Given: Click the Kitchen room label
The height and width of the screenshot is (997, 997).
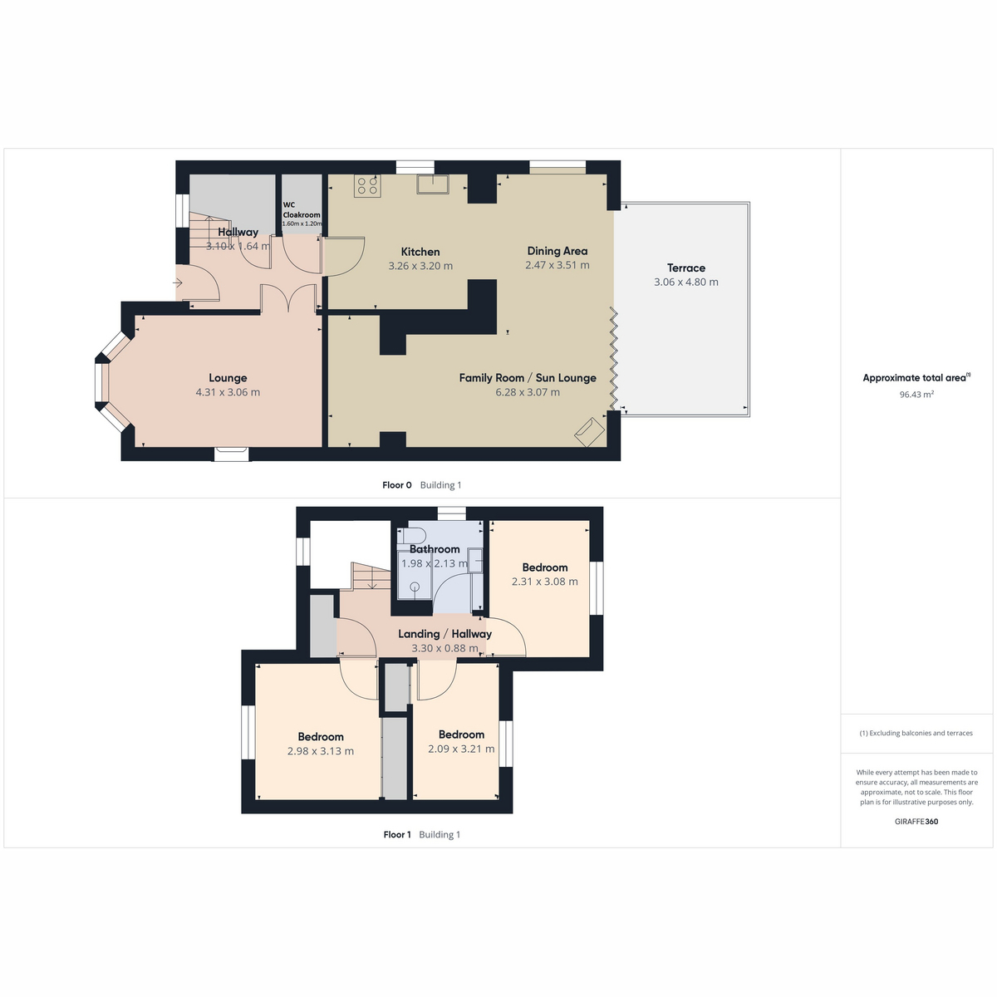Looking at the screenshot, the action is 420,252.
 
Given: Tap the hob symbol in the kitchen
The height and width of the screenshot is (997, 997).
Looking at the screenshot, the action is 368,186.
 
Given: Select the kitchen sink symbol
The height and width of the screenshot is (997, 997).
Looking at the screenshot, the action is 433,184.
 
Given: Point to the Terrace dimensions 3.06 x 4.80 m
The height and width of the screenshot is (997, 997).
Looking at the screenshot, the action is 686,282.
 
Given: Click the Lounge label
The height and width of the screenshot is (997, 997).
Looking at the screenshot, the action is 228,378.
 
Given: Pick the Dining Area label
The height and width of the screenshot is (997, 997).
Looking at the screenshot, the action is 557,251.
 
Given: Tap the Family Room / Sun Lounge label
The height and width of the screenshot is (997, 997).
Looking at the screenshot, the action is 528,378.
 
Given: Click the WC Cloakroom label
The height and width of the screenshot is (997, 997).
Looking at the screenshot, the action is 301,209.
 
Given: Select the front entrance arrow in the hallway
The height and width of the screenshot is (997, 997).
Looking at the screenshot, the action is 178,283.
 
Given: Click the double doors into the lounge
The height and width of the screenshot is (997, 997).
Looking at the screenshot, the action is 288,298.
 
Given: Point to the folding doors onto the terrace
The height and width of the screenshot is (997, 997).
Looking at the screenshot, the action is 614,358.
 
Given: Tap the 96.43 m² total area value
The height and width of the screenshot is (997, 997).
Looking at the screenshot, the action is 916,395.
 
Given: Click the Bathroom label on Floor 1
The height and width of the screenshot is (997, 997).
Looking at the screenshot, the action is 435,549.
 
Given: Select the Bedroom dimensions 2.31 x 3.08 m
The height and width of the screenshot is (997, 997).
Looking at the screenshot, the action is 545,582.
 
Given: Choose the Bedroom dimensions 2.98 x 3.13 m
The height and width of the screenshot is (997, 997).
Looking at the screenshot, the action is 320,751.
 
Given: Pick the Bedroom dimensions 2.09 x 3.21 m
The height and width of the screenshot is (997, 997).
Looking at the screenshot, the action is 461,749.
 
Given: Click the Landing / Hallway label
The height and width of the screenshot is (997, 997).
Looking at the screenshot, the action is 445,634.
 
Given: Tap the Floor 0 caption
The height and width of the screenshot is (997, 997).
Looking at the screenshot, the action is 397,485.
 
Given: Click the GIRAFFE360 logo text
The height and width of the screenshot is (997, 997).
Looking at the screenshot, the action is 916,822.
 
